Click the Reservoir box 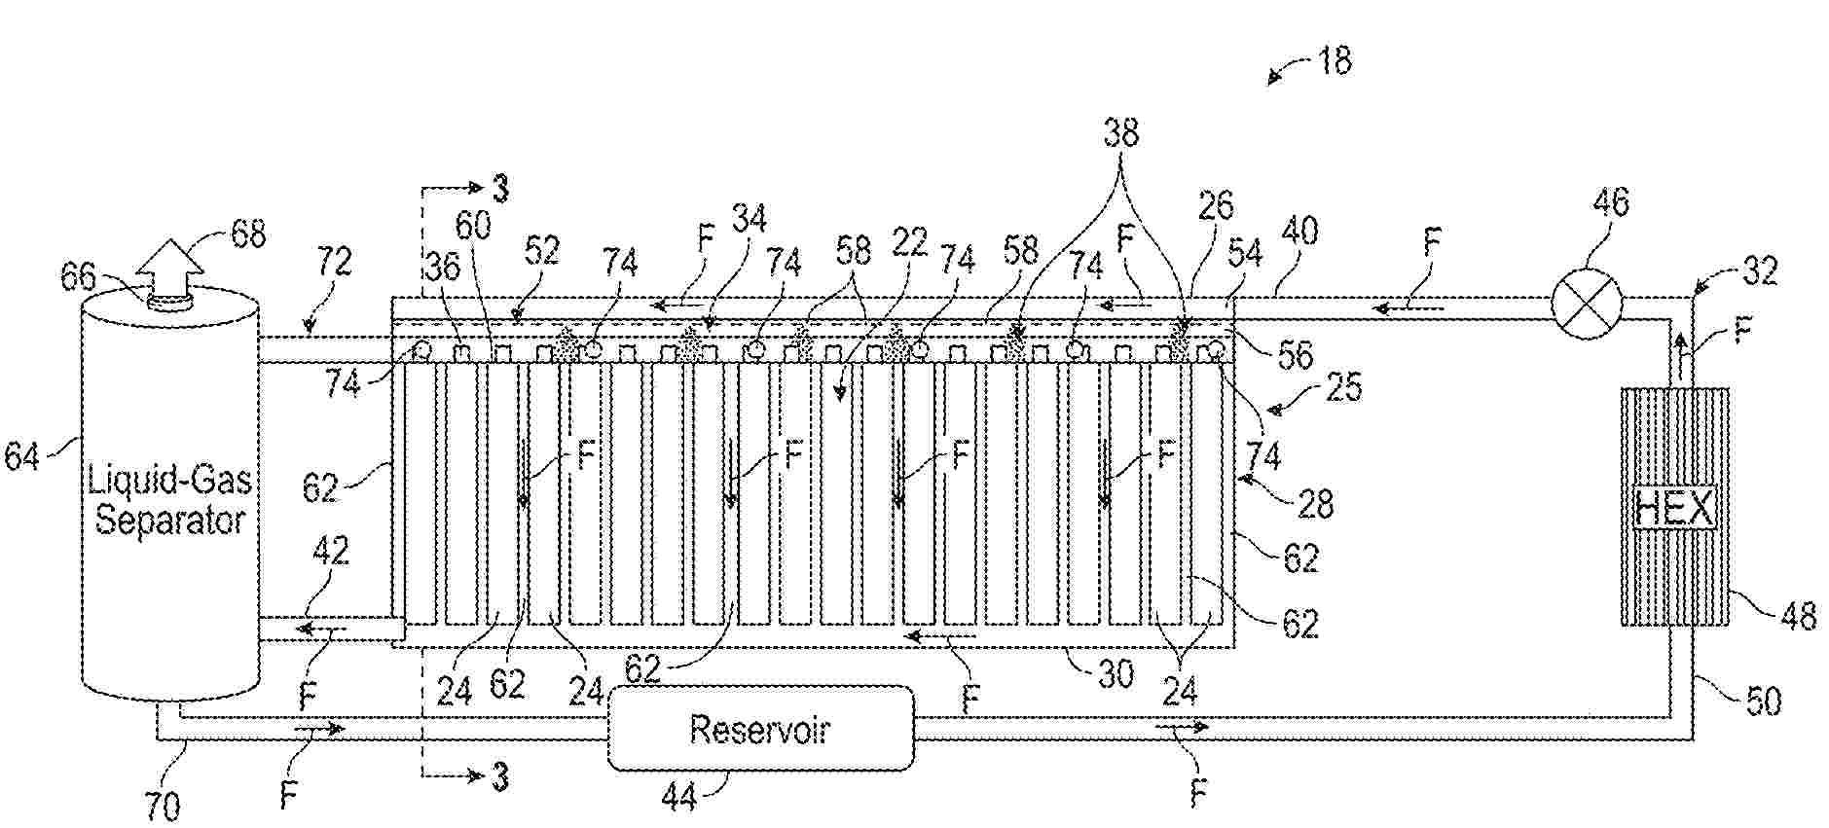(760, 728)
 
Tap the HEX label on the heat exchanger (1674, 508)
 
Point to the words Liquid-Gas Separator (169, 499)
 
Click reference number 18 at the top (1335, 60)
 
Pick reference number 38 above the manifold (1120, 132)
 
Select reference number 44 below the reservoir (679, 797)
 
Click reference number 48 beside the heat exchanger (1796, 615)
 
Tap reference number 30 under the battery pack (1115, 673)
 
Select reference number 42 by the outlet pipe (331, 551)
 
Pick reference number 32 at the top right (1758, 270)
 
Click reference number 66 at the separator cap (78, 276)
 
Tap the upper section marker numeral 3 (500, 188)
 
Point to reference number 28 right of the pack (1315, 503)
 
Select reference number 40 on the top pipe (1299, 231)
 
